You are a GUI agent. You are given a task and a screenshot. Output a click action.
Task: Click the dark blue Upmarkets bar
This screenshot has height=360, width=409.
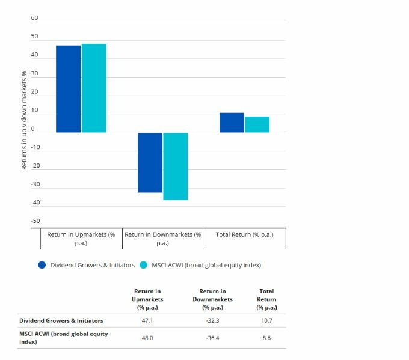(68, 89)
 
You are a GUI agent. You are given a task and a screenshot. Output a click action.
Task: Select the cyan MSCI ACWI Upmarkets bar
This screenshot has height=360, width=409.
(94, 88)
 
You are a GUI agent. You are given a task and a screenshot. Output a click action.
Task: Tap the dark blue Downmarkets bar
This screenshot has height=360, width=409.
(150, 162)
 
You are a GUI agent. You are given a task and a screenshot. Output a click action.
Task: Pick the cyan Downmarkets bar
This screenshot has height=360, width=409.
(175, 166)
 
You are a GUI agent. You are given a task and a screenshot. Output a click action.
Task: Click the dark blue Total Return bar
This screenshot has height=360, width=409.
(232, 123)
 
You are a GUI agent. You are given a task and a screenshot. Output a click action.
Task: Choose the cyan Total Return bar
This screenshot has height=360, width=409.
(257, 124)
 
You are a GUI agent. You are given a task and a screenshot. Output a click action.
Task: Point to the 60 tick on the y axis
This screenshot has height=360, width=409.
(34, 18)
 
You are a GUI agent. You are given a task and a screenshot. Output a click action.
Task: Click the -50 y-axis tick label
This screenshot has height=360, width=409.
(34, 221)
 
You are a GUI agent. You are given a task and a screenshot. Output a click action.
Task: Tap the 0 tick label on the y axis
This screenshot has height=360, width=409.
(33, 129)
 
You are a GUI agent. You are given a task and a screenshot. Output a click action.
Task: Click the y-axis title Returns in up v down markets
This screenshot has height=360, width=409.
(24, 120)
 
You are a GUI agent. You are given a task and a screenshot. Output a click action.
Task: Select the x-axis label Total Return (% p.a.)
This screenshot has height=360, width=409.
(244, 234)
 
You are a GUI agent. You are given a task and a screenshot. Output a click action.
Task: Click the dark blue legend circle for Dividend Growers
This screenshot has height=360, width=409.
(42, 265)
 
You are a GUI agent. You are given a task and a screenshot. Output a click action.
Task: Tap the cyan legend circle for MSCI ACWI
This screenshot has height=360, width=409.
(144, 265)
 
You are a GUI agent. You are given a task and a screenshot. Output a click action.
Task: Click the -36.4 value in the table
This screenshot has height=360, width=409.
(212, 338)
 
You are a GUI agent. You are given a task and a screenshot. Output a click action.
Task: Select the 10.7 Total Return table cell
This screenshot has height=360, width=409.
(266, 321)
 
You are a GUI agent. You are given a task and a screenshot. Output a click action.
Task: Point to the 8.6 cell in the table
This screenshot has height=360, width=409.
(266, 338)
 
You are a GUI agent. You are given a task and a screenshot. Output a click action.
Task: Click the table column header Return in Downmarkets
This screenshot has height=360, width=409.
(212, 299)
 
